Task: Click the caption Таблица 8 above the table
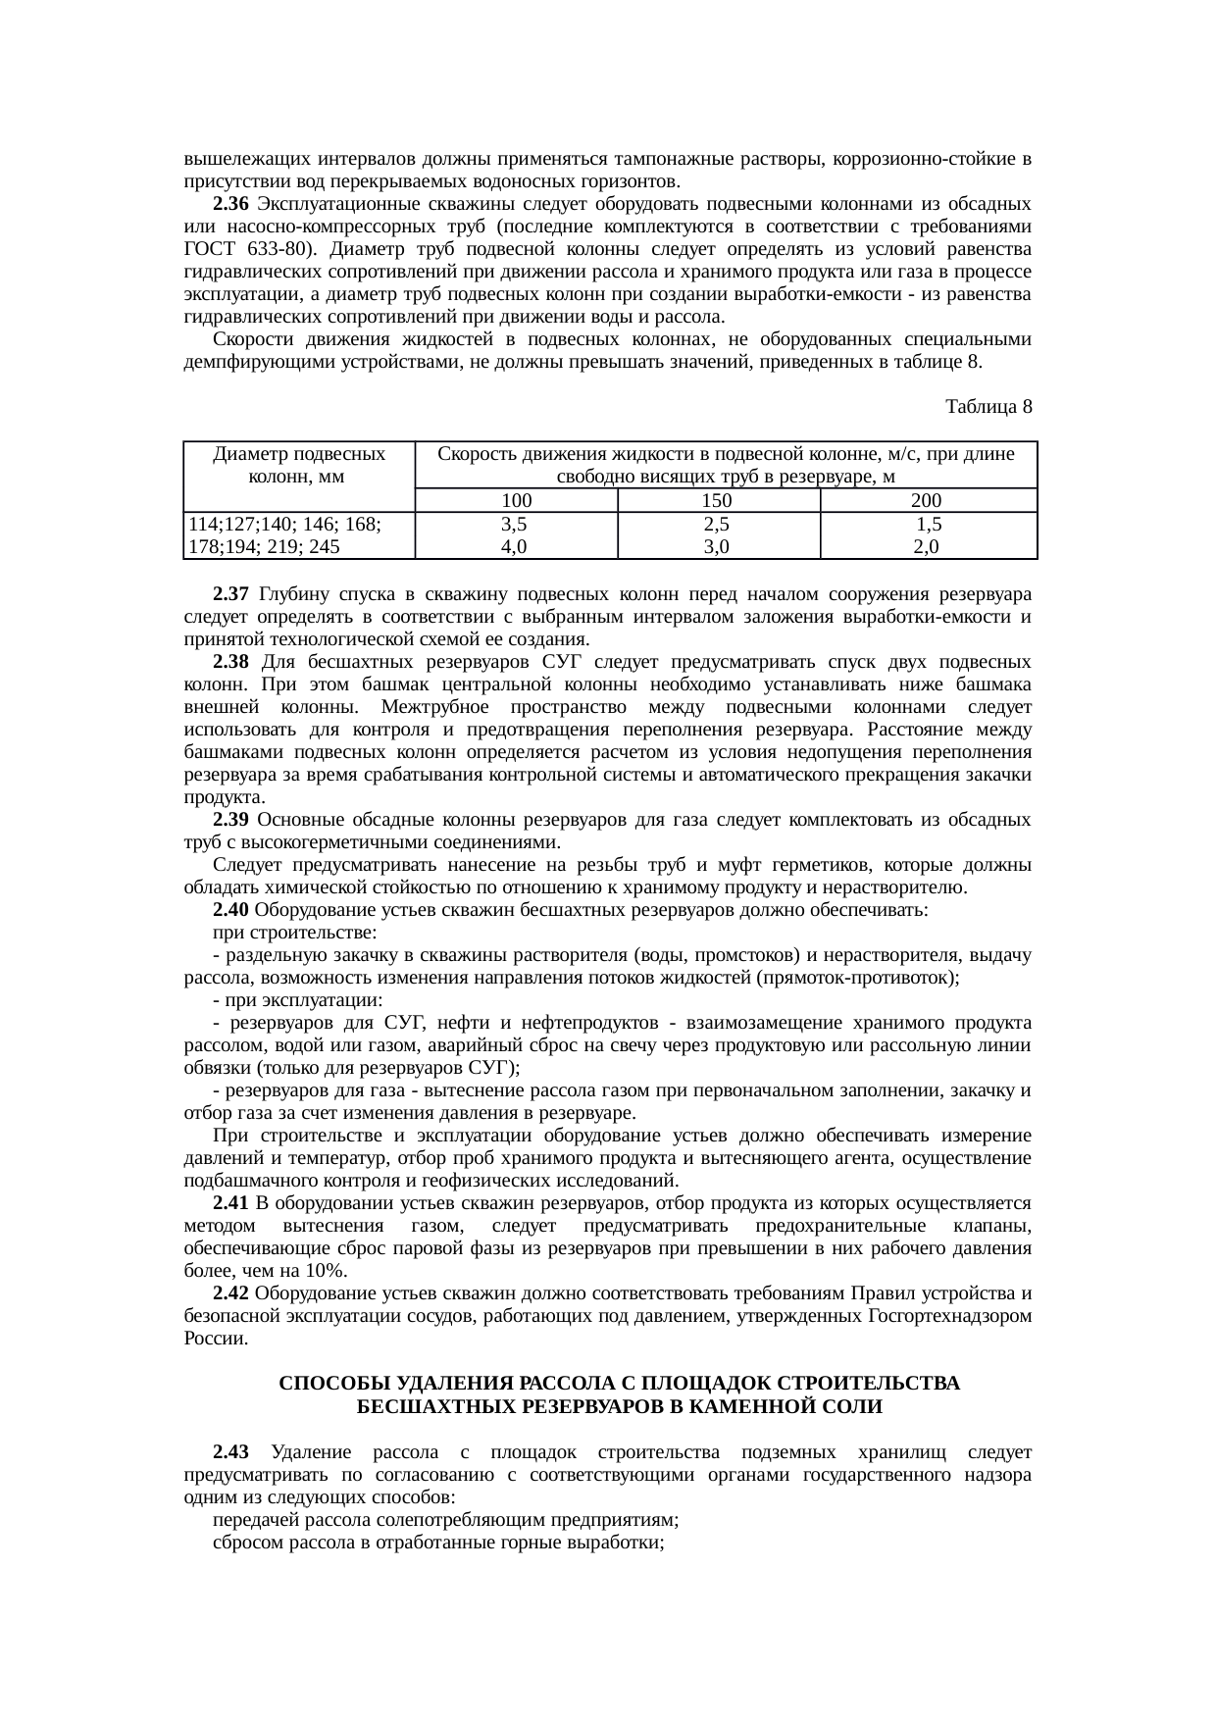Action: point(988,406)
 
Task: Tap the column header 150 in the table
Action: point(718,501)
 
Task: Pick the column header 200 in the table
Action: point(927,501)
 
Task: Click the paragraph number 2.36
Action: point(231,204)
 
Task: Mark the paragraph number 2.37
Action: point(231,594)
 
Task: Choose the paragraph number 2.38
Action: point(231,662)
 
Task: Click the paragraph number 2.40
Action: point(231,910)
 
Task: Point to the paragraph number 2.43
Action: point(231,1451)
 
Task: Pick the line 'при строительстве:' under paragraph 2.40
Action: point(296,933)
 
